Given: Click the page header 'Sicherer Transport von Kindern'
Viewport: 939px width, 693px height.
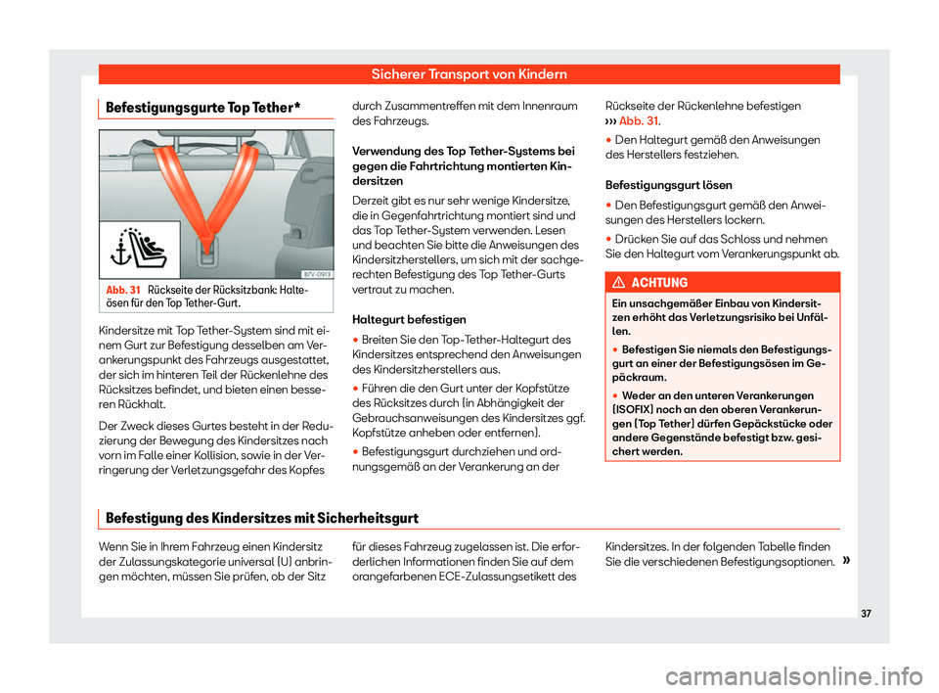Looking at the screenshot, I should tap(469, 73).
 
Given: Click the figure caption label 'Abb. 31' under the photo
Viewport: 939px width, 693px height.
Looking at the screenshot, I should tap(122, 291).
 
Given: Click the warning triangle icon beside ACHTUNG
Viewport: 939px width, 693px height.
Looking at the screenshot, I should tap(623, 282).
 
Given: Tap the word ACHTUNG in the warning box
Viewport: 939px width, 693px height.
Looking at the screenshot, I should tap(661, 282).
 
